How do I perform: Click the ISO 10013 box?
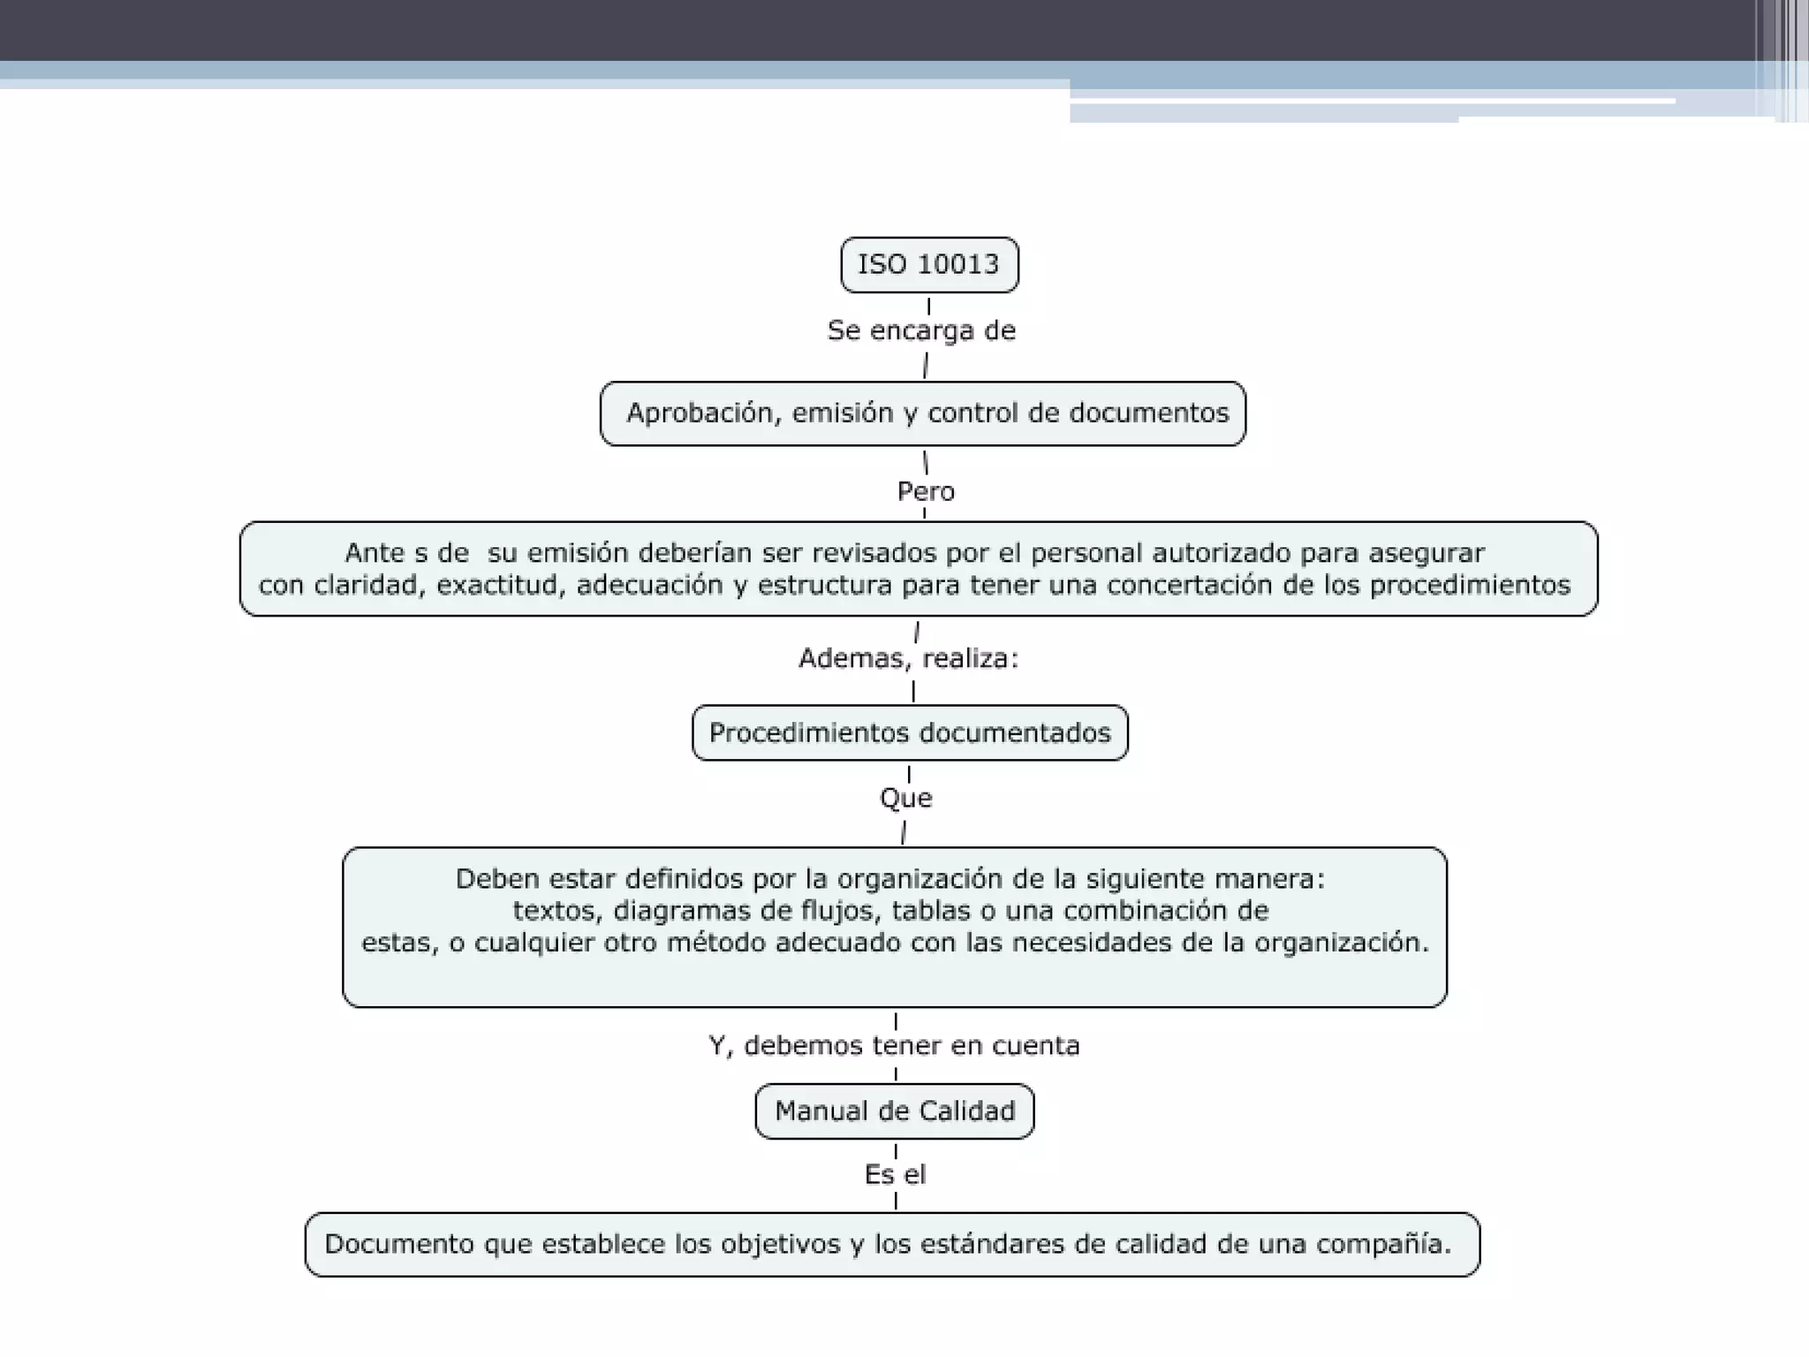coord(929,264)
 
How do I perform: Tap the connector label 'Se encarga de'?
coord(921,330)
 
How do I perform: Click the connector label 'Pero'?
coord(926,491)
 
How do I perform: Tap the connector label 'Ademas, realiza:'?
coord(909,658)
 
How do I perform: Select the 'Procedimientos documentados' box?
coord(910,732)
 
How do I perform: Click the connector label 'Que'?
coord(905,799)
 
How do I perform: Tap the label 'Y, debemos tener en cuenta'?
coord(894,1046)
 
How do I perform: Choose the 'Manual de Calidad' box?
coord(895,1111)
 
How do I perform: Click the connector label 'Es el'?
coord(895,1175)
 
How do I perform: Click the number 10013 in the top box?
coord(957,264)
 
